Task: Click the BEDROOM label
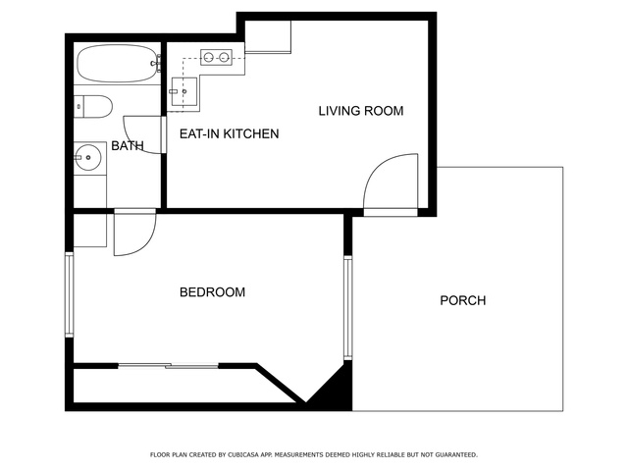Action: [212, 292]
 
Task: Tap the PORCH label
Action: [463, 300]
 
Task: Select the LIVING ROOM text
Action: [361, 111]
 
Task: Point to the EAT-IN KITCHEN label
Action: [229, 133]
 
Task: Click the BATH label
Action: [128, 146]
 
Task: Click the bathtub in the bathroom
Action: [118, 63]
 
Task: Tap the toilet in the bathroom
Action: [93, 107]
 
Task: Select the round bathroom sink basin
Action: [88, 157]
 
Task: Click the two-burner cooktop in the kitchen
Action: [216, 57]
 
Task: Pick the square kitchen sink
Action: [184, 91]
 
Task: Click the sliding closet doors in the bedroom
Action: [168, 366]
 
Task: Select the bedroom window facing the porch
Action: [348, 307]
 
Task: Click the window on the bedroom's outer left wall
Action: [70, 294]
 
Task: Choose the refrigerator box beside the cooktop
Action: [268, 37]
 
